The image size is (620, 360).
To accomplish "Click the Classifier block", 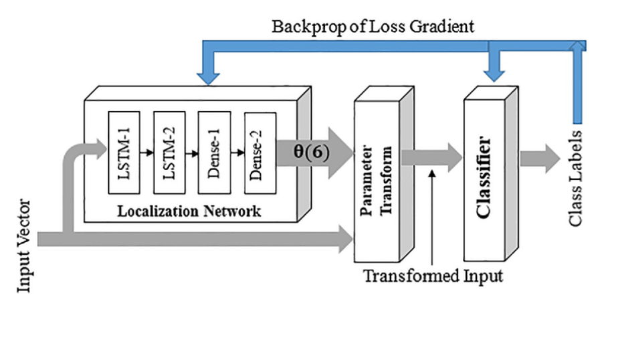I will (483, 177).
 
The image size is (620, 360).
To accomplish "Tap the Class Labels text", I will (576, 178).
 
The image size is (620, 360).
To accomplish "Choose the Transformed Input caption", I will (433, 276).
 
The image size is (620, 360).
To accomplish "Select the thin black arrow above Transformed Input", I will (433, 214).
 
